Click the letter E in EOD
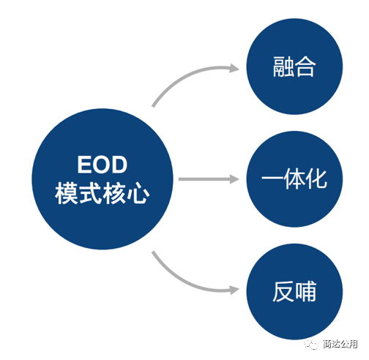click(84, 165)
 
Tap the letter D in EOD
click(119, 165)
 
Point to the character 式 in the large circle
click(90, 193)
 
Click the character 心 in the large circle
click(138, 193)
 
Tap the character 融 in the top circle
click(283, 67)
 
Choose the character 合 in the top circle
click(305, 67)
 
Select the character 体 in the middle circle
click(294, 179)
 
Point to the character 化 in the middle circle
click(316, 179)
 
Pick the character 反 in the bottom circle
click(283, 291)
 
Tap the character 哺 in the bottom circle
click(305, 291)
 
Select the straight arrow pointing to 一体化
click(209, 179)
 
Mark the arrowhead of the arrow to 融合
click(234, 68)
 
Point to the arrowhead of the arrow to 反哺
click(234, 290)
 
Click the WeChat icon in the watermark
click(311, 343)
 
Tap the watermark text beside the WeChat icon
click(340, 344)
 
